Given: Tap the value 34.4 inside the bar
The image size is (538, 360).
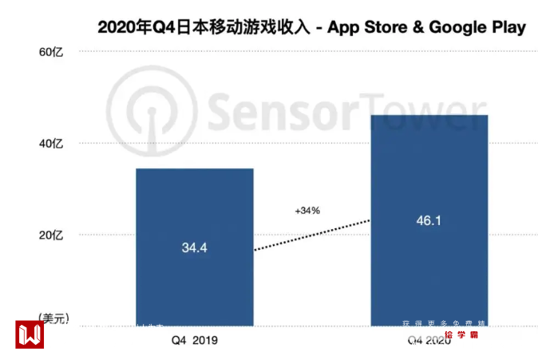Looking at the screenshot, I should click(195, 248).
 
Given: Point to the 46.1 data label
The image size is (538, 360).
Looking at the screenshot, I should click(429, 220).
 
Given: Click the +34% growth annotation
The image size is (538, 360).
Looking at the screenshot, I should click(307, 211).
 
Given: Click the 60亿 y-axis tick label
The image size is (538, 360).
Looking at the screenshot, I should click(61, 53).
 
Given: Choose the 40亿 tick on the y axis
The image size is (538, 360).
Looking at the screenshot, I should click(61, 144).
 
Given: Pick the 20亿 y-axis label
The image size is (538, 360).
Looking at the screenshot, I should click(61, 235).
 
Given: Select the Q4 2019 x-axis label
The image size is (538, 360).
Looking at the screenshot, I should click(195, 340).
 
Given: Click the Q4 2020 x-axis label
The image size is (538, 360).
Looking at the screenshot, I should click(429, 341).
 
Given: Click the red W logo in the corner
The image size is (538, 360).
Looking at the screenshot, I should click(30, 334).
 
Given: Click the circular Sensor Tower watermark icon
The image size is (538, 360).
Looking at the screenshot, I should click(151, 105).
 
